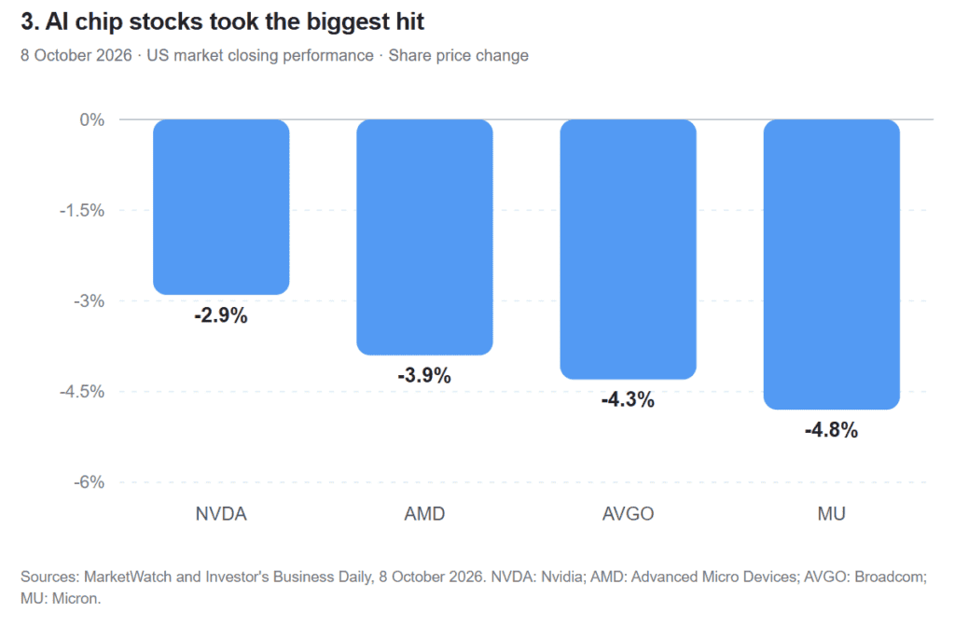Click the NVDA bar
point(221,207)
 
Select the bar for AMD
point(424,237)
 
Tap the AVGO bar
point(628,249)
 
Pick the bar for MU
point(831,265)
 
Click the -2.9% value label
point(221,315)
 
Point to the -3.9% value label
point(424,375)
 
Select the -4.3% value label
point(628,400)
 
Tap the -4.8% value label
point(831,430)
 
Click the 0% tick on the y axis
point(92,120)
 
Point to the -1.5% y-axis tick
point(82,211)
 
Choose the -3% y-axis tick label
point(89,301)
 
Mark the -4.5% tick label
point(82,391)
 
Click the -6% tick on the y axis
point(89,482)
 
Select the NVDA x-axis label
point(221,514)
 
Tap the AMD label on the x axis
point(424,514)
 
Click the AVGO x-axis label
point(628,514)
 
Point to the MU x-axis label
point(831,514)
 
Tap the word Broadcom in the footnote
point(891,577)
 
